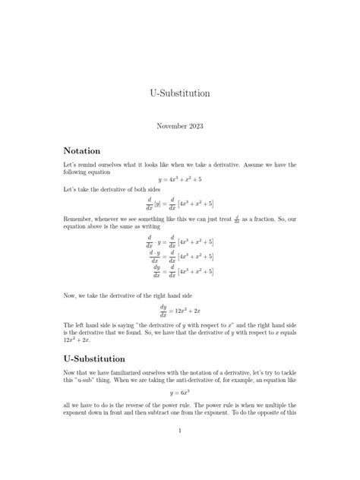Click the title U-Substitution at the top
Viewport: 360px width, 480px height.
click(x=180, y=93)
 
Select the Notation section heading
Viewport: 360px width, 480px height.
click(x=82, y=150)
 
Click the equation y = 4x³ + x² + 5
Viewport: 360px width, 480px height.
click(x=180, y=179)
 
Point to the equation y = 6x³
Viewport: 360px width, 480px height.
click(x=180, y=394)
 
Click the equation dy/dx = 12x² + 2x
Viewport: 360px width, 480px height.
click(x=180, y=311)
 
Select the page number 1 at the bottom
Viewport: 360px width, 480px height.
click(x=180, y=452)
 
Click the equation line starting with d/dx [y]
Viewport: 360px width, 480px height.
click(x=180, y=203)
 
